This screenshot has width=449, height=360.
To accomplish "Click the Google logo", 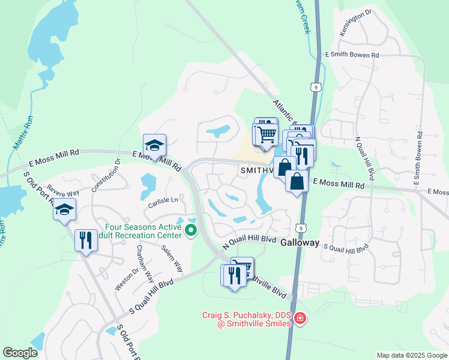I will [x=20, y=353].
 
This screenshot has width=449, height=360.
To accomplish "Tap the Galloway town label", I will [x=300, y=242].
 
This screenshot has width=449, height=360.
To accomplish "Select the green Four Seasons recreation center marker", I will [x=191, y=230].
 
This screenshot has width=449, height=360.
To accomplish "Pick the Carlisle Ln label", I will [x=164, y=200].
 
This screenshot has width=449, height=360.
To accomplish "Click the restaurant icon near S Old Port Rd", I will [x=85, y=240].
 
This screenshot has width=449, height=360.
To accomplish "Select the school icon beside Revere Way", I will [x=64, y=209].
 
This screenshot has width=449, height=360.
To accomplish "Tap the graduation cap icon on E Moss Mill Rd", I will [x=154, y=145].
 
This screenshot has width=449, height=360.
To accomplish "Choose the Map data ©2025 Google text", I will [x=411, y=355].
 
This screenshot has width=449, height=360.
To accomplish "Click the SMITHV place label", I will [x=257, y=170].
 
